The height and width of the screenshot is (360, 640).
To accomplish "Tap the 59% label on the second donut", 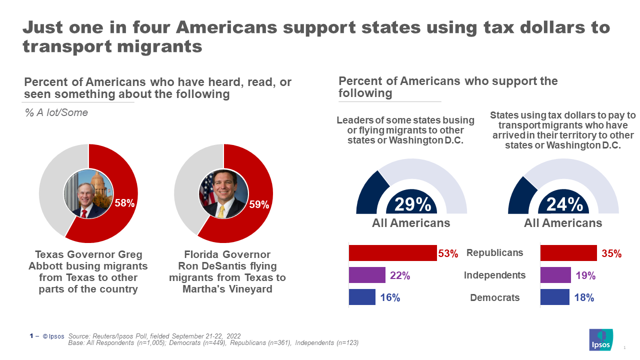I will coord(259,204).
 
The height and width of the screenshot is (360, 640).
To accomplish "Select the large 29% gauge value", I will coord(412,204).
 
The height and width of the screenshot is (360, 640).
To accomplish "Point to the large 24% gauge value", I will coord(564,204).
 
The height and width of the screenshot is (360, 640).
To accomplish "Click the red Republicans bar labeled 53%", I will coord(392,253).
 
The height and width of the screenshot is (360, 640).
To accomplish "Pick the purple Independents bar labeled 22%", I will coord(367,275).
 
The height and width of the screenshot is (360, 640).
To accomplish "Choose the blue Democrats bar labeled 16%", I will coord(362,297).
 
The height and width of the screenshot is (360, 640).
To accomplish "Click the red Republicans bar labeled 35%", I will coord(568,253).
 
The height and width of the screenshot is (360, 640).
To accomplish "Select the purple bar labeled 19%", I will coord(555,275).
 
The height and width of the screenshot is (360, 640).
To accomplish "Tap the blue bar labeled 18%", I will coord(554,297).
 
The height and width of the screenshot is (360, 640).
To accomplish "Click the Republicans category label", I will coord(494,253).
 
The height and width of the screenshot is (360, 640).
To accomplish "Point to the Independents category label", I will coord(494,275).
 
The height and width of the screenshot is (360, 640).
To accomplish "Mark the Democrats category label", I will coord(494,297).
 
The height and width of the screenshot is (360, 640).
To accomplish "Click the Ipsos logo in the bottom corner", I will coord(601,340).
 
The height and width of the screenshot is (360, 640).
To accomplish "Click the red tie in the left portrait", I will coord(84,213).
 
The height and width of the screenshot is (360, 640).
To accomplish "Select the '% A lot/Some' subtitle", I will coord(56,112).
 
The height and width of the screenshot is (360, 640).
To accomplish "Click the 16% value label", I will coord(390,297).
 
